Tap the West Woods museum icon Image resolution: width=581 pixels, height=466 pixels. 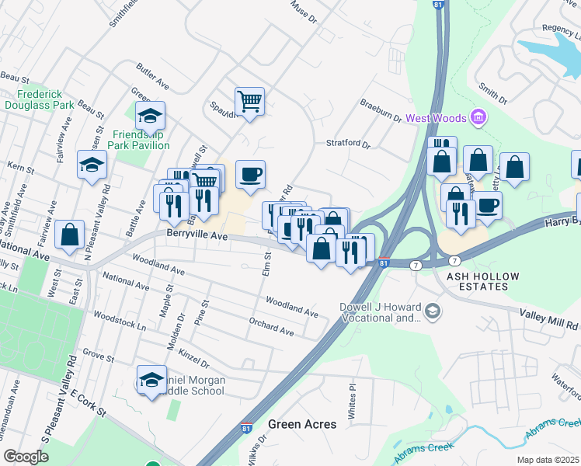[478, 118]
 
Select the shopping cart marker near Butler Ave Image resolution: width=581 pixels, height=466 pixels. [249, 101]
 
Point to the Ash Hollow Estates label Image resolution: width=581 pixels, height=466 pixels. [478, 281]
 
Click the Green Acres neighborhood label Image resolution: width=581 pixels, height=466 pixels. [302, 424]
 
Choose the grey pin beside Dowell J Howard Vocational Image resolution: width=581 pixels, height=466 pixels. [432, 312]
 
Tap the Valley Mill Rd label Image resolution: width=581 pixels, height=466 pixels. [550, 325]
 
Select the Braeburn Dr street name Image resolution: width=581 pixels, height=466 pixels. [380, 111]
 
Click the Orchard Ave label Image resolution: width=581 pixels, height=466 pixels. [271, 326]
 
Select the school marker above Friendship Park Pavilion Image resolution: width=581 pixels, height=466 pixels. [150, 116]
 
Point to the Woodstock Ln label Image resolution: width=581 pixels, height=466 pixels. [120, 318]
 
